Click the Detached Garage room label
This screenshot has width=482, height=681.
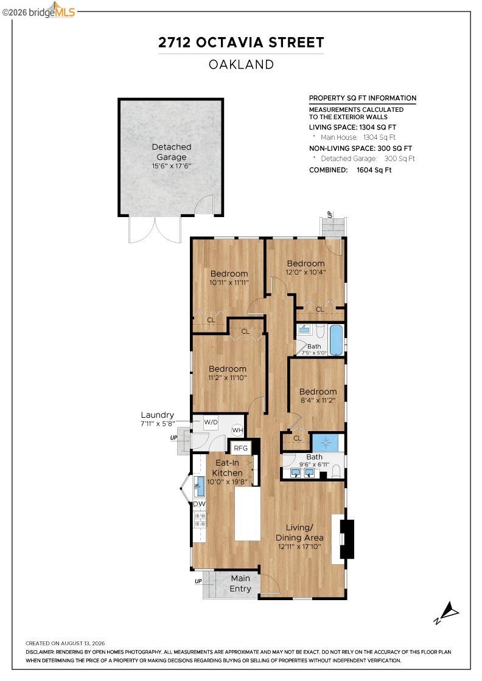tap(172, 152)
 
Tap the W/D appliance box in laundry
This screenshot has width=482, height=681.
tap(211, 423)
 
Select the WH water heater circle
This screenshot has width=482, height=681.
tap(237, 430)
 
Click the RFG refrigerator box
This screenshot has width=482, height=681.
tap(241, 448)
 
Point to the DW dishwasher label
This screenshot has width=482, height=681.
tap(200, 504)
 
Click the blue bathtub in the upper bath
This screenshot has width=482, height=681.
tap(337, 340)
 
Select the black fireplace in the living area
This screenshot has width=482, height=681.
tap(347, 539)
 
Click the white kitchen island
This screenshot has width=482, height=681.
tap(248, 514)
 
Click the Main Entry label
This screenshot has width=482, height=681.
tap(240, 583)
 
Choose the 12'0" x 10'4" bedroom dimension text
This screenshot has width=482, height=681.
tap(306, 273)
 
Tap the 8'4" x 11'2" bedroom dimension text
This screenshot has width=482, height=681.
tap(318, 401)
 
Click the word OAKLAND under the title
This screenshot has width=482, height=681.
tap(241, 64)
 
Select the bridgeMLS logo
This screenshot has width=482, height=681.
tap(39, 11)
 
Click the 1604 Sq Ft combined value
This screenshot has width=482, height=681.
tap(374, 170)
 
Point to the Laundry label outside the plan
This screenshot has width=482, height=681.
tap(158, 415)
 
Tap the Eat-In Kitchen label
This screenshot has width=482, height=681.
tap(228, 468)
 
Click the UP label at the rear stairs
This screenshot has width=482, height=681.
tap(330, 215)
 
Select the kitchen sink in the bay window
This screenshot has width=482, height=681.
tap(200, 486)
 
